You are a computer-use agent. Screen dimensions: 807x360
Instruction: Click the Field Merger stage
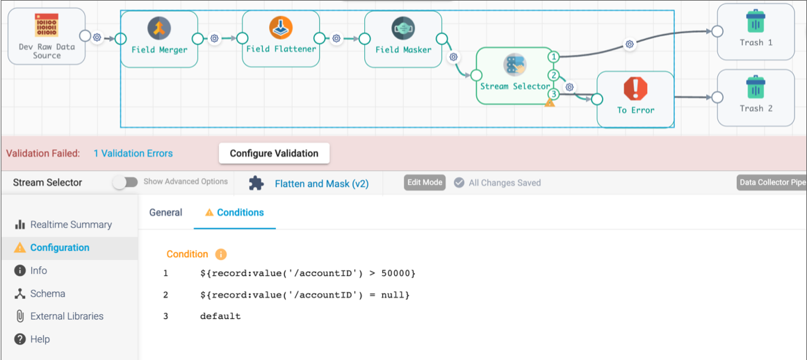[x=159, y=39]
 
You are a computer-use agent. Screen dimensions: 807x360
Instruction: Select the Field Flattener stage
[x=281, y=39]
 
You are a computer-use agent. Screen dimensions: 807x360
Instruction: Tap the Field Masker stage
[x=403, y=39]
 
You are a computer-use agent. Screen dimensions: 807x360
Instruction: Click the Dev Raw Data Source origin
[x=47, y=36]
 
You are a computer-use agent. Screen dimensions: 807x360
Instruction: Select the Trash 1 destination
[x=756, y=31]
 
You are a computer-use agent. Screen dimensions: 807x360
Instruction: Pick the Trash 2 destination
[x=756, y=97]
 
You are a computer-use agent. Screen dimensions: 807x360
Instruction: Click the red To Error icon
[x=635, y=89]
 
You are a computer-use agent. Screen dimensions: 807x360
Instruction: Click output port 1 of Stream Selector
[x=553, y=56]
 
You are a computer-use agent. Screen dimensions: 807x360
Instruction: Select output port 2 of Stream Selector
[x=553, y=76]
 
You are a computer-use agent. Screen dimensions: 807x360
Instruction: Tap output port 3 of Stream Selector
[x=553, y=94]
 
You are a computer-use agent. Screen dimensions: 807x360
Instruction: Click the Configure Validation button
[x=274, y=154]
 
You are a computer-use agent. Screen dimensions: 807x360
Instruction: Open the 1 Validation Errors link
[x=133, y=154]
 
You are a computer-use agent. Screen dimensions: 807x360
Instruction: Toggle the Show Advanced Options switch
[x=126, y=182]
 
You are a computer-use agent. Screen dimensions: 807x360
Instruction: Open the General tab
[x=165, y=212]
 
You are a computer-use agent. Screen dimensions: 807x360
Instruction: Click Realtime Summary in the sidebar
[x=63, y=224]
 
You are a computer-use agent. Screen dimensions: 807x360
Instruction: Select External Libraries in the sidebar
[x=59, y=316]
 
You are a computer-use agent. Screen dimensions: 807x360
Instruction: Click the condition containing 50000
[x=307, y=274]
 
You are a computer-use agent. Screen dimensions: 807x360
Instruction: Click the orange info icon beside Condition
[x=221, y=254]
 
